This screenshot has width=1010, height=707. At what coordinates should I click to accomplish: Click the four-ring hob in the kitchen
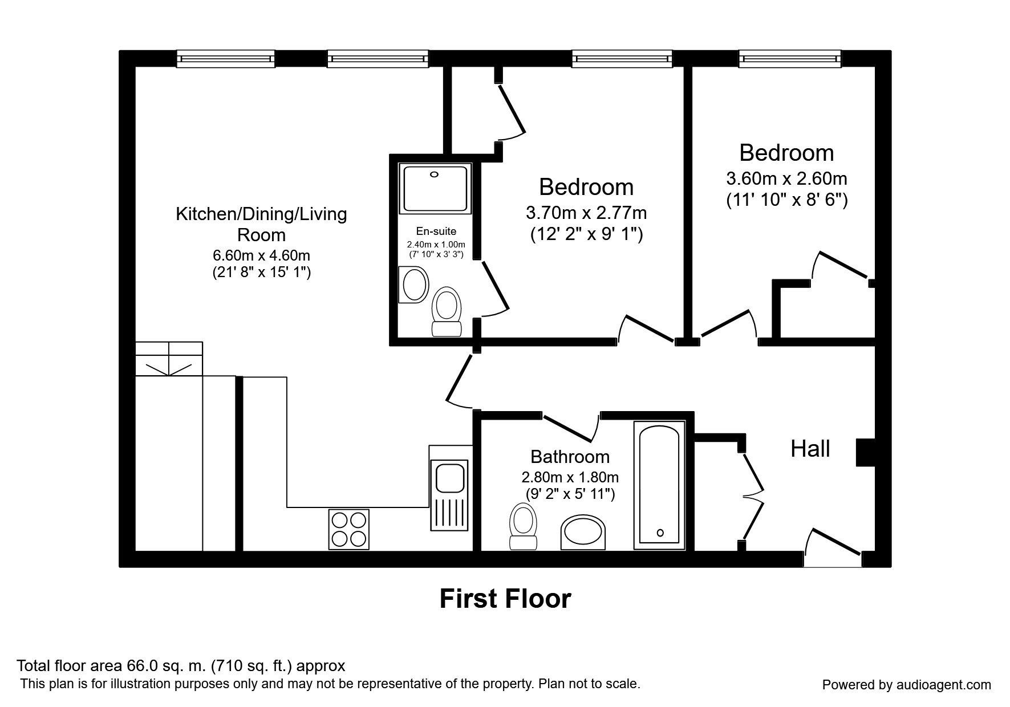[x=348, y=529]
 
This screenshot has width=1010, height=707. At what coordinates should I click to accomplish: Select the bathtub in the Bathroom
[x=659, y=485]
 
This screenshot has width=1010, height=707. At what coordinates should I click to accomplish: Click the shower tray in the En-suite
[x=436, y=189]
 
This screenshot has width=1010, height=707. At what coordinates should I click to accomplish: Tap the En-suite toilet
[x=446, y=311]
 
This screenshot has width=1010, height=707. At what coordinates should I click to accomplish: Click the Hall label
[x=810, y=449]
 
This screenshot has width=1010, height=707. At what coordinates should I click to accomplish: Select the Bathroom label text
[x=570, y=457]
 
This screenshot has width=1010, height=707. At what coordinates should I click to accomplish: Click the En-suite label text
[x=436, y=231]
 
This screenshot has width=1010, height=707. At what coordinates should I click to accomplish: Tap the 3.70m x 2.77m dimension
[x=586, y=213]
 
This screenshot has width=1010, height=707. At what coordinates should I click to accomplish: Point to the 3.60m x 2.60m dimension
[x=786, y=178]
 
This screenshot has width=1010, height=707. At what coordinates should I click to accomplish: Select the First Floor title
[x=505, y=599]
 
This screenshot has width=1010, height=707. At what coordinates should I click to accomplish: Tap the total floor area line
[x=181, y=665]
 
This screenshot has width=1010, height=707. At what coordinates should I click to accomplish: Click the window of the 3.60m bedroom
[x=790, y=59]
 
